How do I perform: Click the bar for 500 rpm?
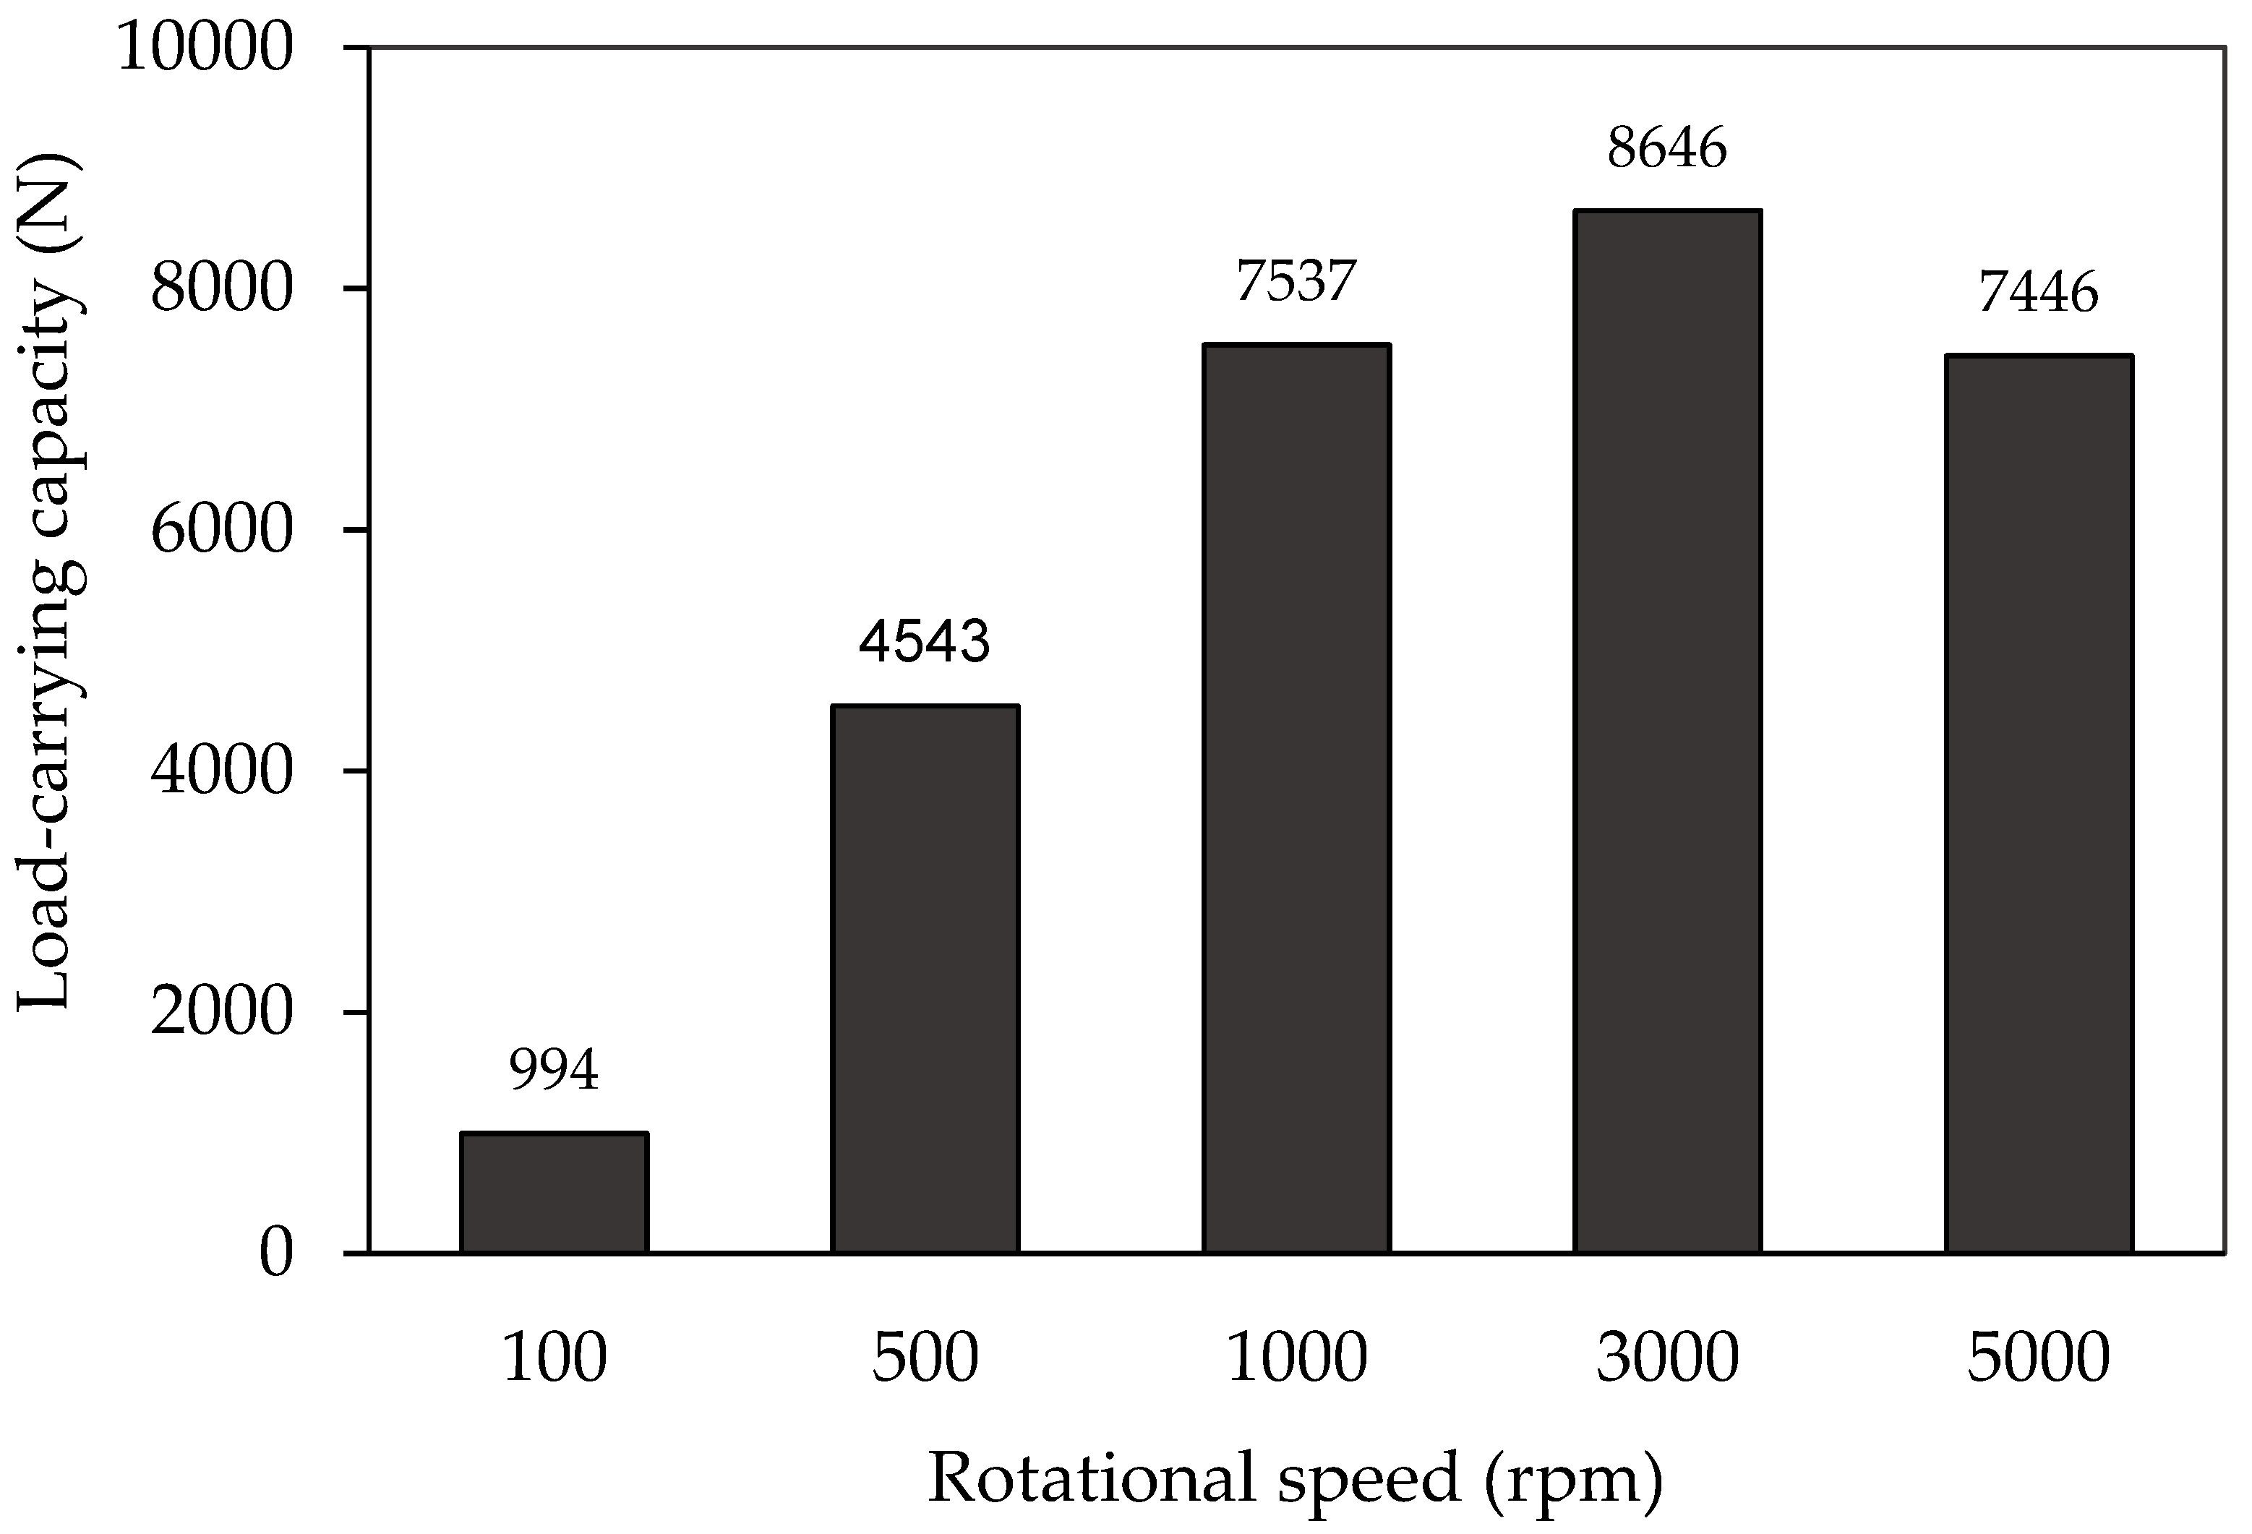(925, 979)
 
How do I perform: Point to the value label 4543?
(925, 641)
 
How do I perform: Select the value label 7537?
(1296, 281)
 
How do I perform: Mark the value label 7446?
(2038, 291)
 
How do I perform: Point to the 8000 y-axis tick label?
(221, 288)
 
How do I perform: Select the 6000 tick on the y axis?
(221, 530)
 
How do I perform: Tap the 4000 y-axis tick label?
(221, 771)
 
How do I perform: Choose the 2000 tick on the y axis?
(221, 1013)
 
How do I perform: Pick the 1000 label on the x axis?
(1296, 1358)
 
